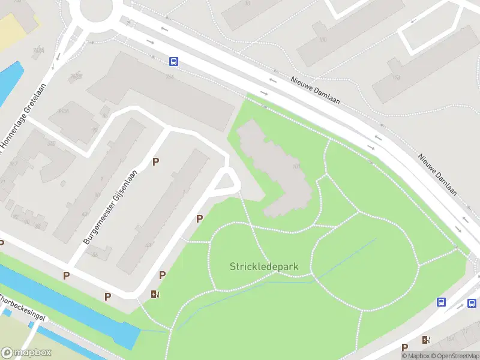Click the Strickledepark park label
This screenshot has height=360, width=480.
tap(264, 266)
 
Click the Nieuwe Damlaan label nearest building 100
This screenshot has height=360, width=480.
tap(316, 89)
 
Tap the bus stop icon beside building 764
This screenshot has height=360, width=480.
tap(173, 61)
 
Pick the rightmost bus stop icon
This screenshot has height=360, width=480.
tap(472, 304)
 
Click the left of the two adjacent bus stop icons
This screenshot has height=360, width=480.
tap(442, 302)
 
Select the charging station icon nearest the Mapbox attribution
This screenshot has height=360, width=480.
tap(426, 340)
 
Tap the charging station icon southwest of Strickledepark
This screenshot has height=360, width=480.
tap(155, 294)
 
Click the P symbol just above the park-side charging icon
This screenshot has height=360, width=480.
tap(162, 275)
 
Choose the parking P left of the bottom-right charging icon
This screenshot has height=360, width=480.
tap(405, 347)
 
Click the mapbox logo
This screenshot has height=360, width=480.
tap(26, 353)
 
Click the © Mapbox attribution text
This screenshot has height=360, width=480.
tap(416, 356)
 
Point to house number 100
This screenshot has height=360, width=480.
tap(323, 40)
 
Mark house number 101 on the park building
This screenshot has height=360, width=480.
tap(296, 167)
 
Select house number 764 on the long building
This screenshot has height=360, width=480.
tap(170, 76)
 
